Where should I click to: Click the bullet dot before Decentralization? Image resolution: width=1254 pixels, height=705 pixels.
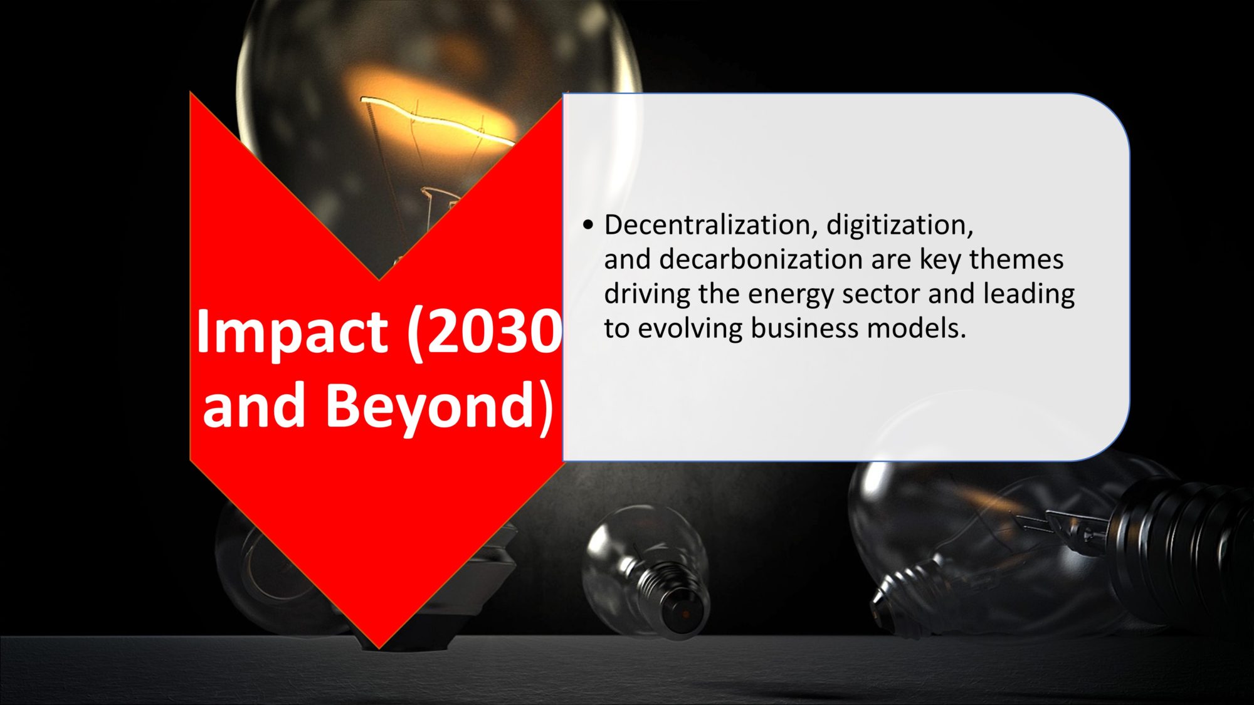pyautogui.click(x=587, y=226)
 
